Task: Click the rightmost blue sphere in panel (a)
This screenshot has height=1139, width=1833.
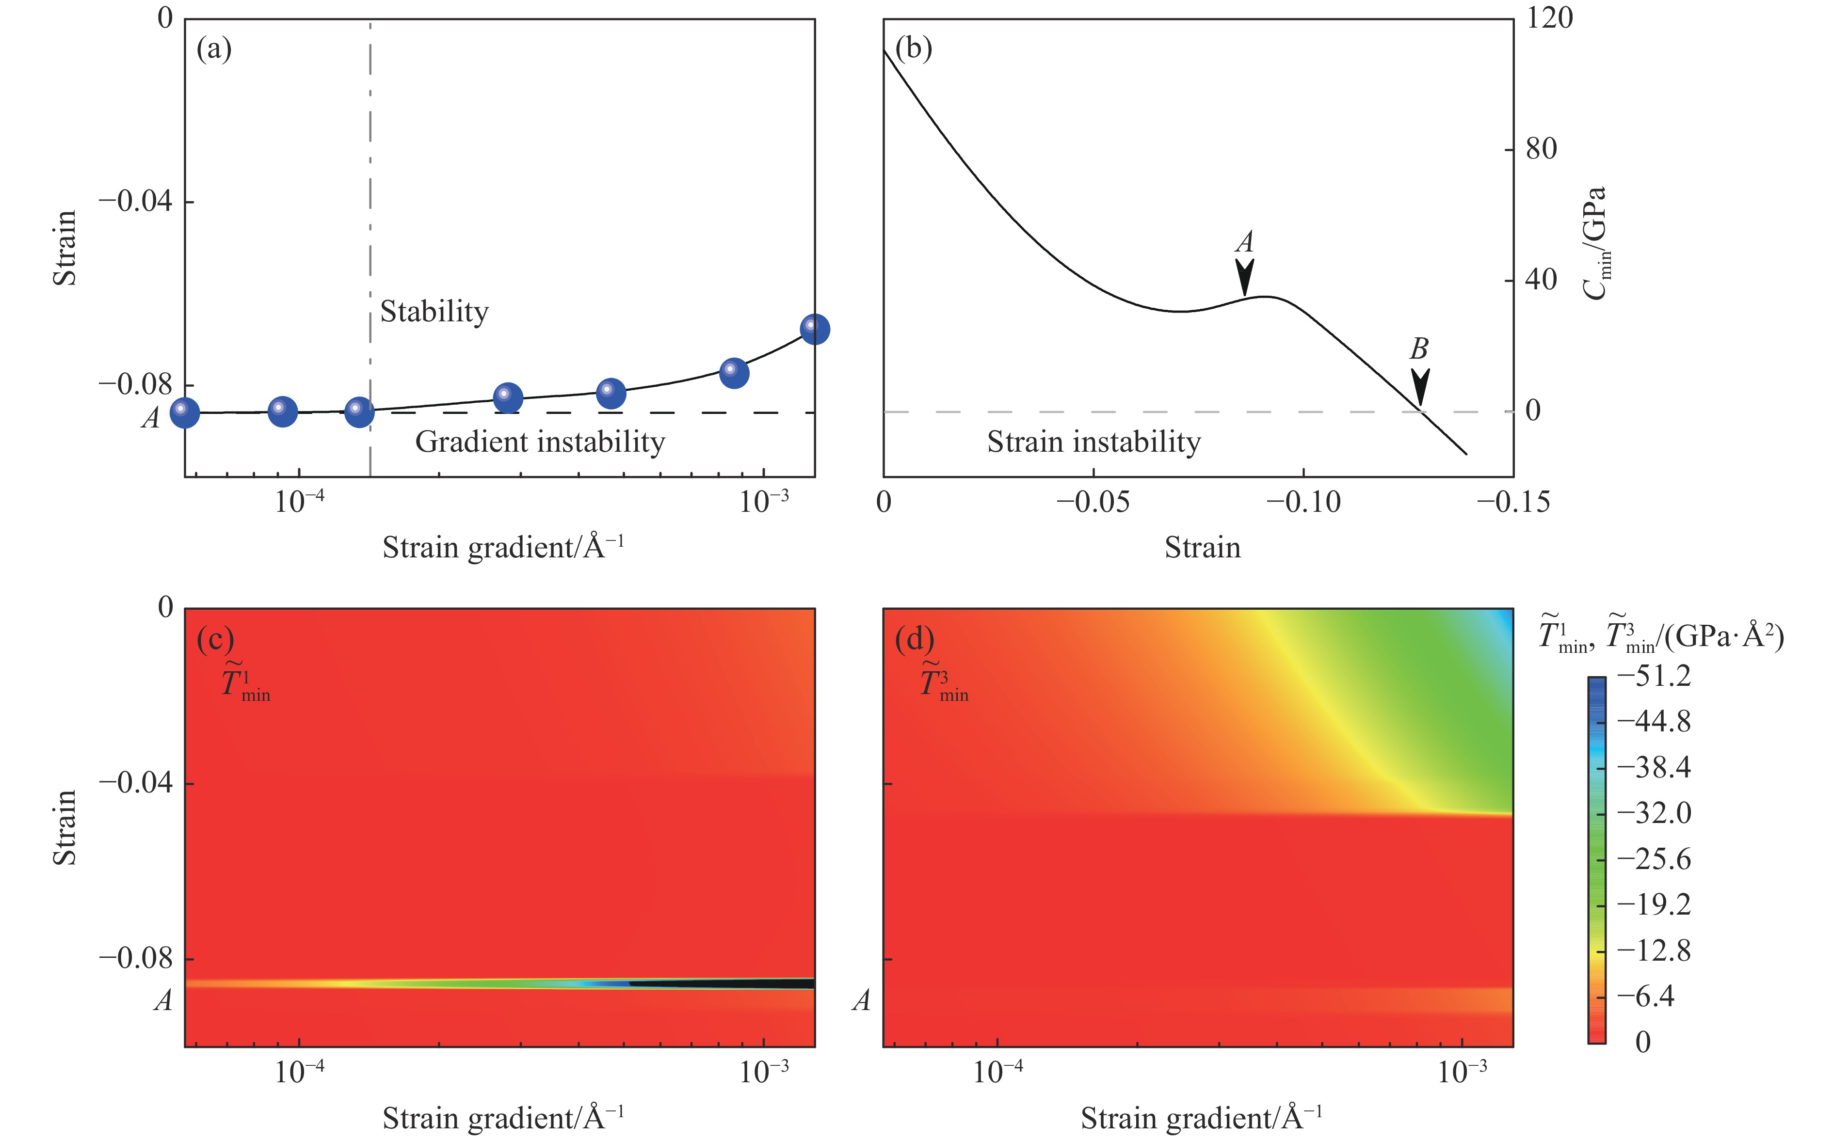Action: (x=814, y=329)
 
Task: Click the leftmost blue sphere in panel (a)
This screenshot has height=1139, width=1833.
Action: (x=185, y=413)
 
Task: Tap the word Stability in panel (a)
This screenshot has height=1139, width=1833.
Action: (x=434, y=311)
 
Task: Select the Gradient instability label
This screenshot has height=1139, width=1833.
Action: (x=540, y=442)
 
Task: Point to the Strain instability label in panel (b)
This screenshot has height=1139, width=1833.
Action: (x=1093, y=442)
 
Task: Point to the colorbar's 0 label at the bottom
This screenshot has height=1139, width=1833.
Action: (x=1643, y=1042)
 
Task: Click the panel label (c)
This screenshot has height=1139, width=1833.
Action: (x=215, y=639)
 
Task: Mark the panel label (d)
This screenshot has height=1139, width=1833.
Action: (x=914, y=639)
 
